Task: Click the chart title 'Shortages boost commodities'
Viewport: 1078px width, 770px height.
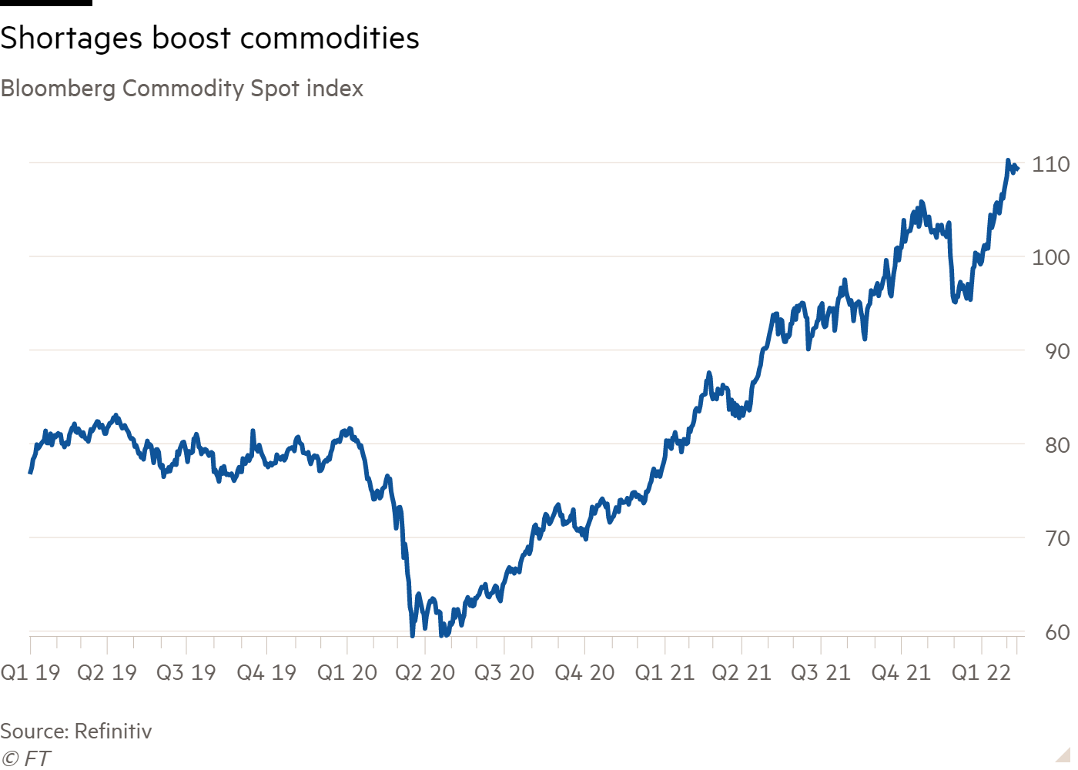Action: [209, 38]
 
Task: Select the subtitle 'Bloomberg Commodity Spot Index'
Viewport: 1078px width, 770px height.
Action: [182, 89]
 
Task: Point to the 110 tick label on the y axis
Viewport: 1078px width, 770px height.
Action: [1052, 164]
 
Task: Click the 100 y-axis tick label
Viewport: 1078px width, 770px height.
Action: [1052, 257]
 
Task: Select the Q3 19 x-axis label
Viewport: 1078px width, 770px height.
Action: [186, 673]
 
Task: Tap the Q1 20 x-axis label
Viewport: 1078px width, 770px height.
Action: [347, 673]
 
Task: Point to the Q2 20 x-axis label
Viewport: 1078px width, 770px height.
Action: [426, 673]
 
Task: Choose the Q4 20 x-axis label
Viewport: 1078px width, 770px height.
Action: [584, 673]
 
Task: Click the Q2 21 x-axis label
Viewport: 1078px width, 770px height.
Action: [742, 673]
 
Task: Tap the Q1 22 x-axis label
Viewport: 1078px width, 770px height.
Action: [980, 673]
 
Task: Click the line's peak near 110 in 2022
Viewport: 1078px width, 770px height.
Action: [1008, 161]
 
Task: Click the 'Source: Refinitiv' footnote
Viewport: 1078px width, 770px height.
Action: [75, 731]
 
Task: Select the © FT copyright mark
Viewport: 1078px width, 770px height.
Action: [25, 759]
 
